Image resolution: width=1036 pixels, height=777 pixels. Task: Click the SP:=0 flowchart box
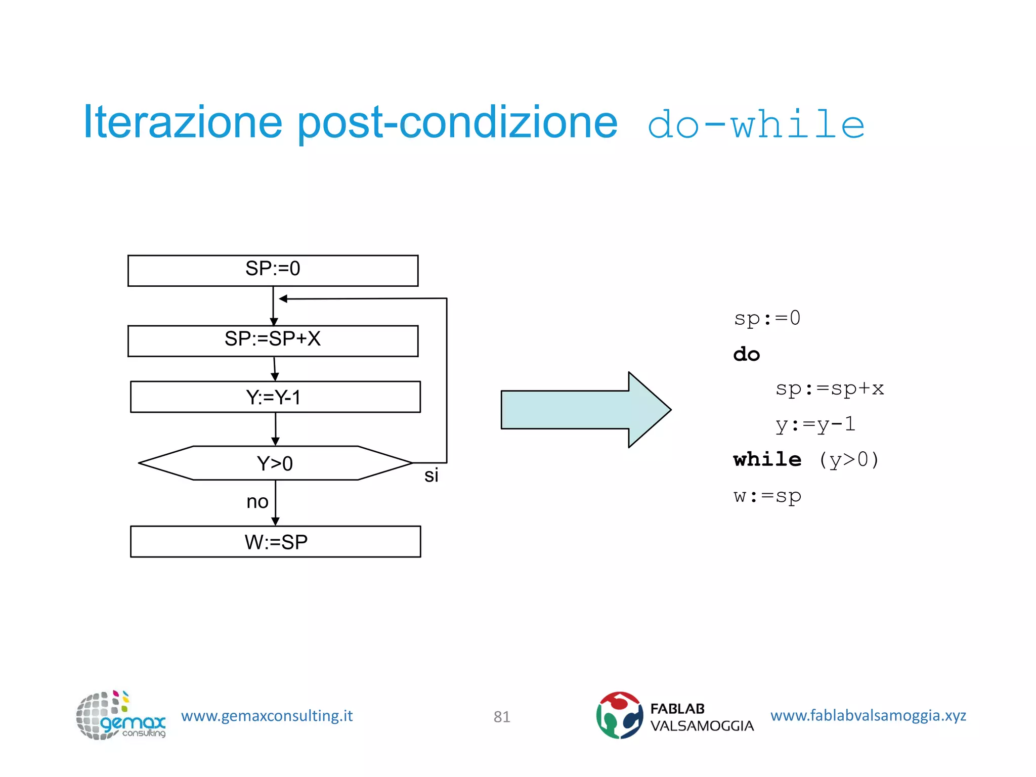point(273,271)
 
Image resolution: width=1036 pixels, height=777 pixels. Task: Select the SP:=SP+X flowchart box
point(273,341)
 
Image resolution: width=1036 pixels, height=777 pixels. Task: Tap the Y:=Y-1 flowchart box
point(275,397)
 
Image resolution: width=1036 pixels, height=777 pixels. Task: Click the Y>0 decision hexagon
point(275,463)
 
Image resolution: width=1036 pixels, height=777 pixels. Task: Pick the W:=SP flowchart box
point(275,541)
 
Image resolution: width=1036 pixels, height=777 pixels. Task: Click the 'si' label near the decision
point(431,476)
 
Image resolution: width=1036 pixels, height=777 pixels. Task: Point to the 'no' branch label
point(257,501)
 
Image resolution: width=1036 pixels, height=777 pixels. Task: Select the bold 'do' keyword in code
point(746,354)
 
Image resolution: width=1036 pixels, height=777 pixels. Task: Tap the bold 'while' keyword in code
point(767,459)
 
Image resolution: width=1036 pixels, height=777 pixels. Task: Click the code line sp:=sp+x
point(829,388)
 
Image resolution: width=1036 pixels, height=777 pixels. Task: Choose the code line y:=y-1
point(815,424)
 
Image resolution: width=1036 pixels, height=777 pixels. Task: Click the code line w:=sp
point(767,496)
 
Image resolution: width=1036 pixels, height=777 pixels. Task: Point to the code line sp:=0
point(767,318)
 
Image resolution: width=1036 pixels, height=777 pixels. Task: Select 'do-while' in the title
point(756,124)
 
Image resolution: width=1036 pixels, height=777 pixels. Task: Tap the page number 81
point(501,716)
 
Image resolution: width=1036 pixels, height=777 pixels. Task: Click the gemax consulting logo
point(120,715)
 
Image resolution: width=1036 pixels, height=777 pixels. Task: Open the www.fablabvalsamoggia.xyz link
point(868,715)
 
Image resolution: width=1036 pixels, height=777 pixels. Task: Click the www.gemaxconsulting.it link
point(267,716)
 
